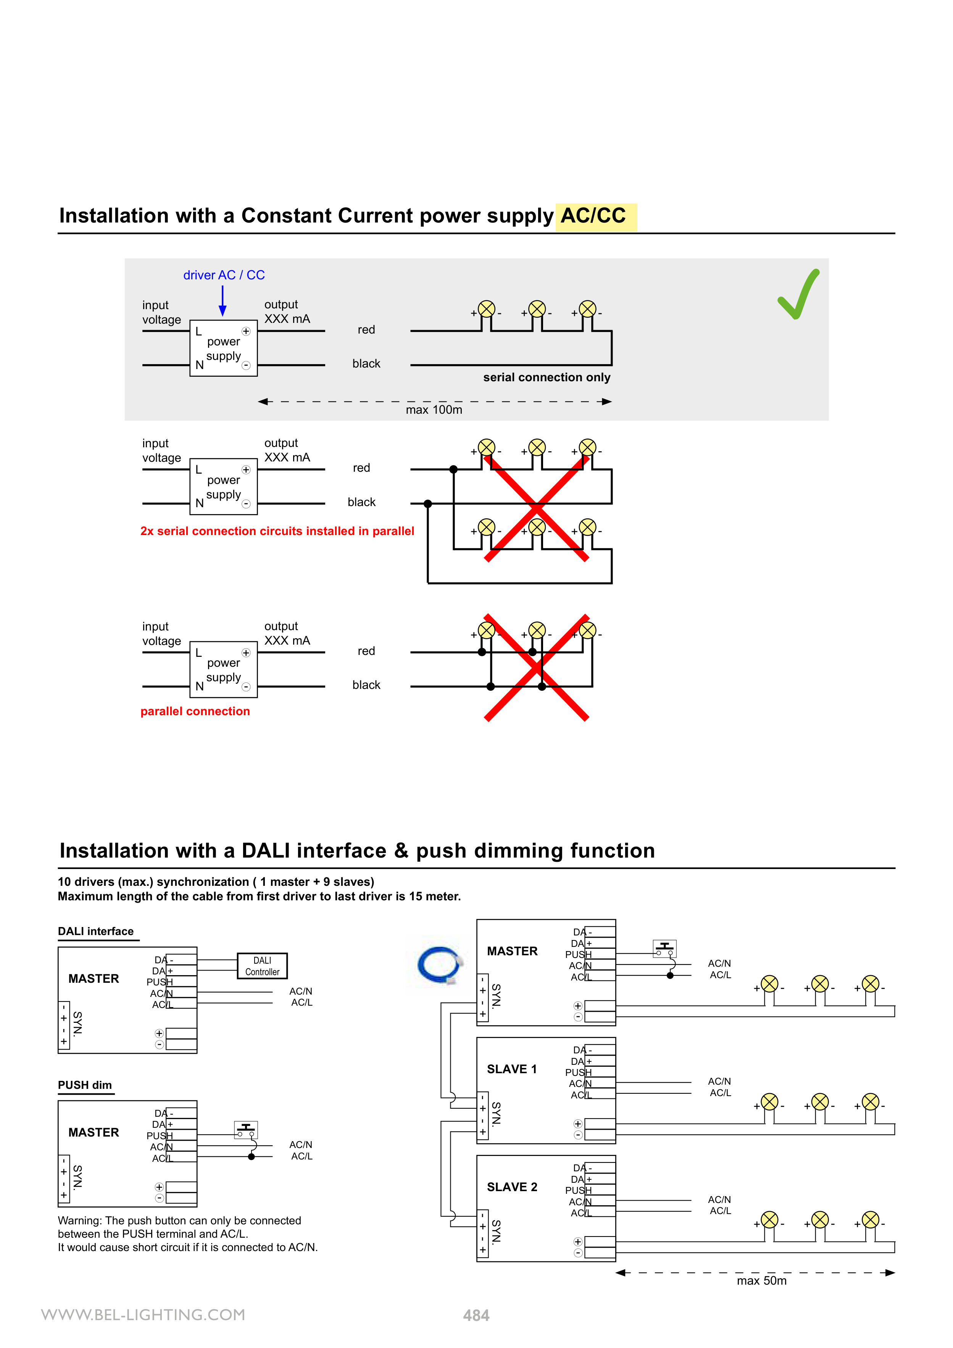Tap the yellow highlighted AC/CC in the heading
[x=594, y=216]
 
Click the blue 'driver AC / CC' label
[x=224, y=275]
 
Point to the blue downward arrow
[x=223, y=301]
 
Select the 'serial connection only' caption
[x=547, y=377]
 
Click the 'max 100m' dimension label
[x=434, y=410]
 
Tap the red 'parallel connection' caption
[x=195, y=711]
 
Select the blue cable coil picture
[x=440, y=964]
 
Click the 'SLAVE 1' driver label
[x=511, y=1069]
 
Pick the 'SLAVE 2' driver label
[x=511, y=1187]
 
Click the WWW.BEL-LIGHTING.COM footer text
[x=143, y=1314]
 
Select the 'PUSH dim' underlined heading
[x=85, y=1085]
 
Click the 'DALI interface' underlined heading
[x=96, y=931]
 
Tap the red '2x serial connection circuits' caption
[x=277, y=531]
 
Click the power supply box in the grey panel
[x=223, y=348]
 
